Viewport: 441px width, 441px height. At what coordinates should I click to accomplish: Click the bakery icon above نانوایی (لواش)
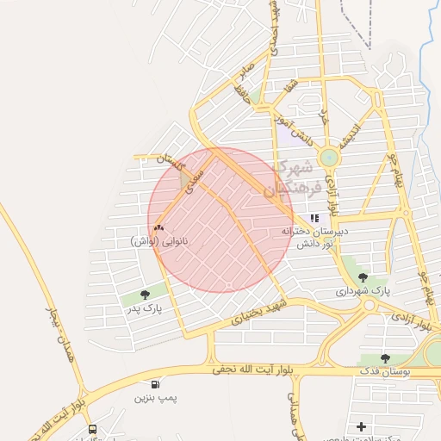tap(158, 228)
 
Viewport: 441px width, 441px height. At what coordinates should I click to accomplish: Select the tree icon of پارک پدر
tap(143, 295)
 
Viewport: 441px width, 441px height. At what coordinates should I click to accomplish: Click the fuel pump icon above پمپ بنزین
tap(154, 384)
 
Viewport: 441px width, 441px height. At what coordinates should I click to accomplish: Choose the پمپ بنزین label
tap(152, 399)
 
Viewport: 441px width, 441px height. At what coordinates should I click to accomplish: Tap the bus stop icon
tap(92, 429)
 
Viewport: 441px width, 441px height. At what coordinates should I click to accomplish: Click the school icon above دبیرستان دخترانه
tap(314, 218)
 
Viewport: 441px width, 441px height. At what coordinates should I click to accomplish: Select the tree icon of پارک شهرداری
tap(362, 277)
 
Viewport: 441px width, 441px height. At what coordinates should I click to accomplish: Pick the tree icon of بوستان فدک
tap(385, 357)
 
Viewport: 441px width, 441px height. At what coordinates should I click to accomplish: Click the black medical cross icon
tap(361, 426)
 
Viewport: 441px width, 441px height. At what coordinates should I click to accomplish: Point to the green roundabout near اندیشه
tap(328, 158)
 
